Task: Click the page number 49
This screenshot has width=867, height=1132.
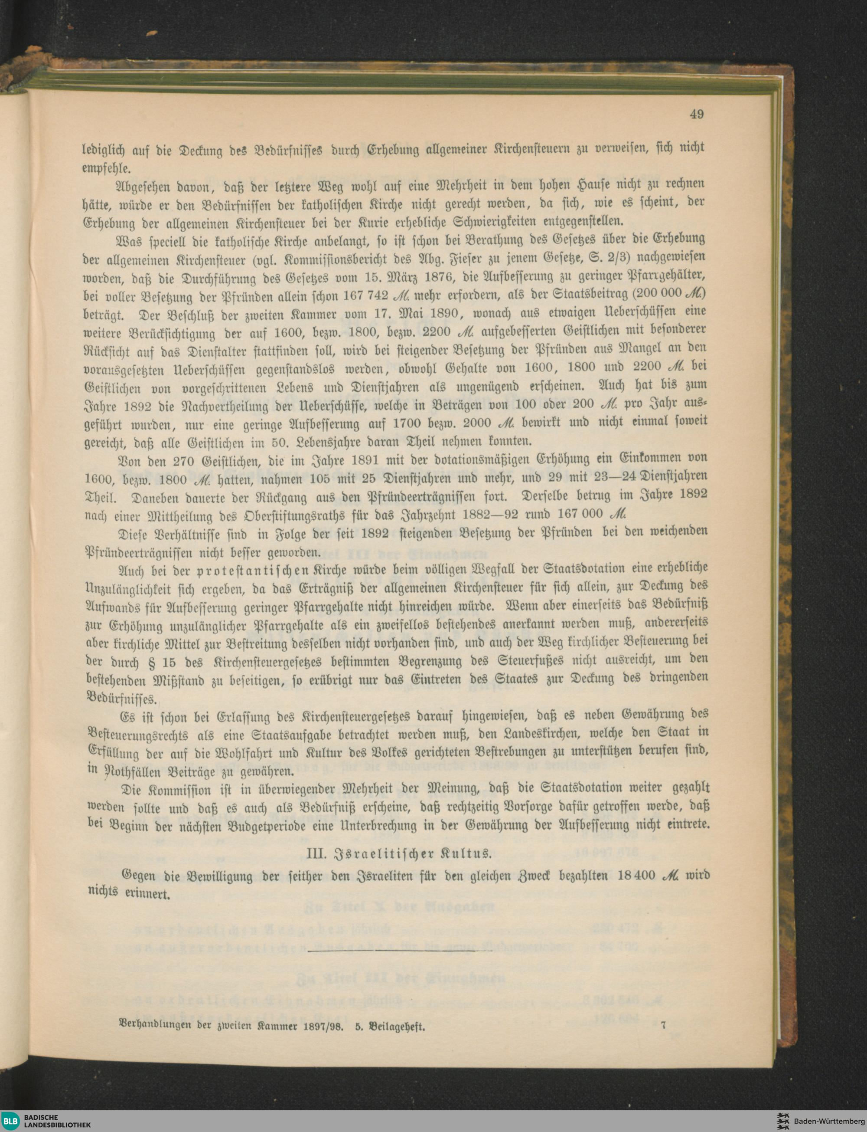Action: coord(696,114)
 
